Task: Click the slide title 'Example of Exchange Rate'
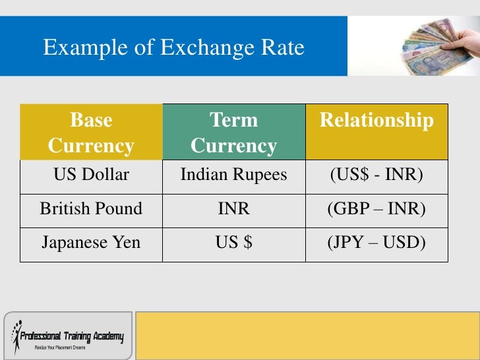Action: (x=173, y=48)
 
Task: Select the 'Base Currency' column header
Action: (x=91, y=133)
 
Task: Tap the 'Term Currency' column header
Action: (x=233, y=133)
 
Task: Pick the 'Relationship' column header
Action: (x=376, y=121)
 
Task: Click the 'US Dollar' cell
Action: (x=91, y=176)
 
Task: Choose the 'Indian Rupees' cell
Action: (x=233, y=176)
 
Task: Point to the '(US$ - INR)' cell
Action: (x=376, y=176)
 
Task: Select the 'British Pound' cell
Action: (x=91, y=210)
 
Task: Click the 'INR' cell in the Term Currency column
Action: (x=233, y=210)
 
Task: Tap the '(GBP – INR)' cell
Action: (x=376, y=210)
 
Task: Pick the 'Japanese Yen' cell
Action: (x=91, y=243)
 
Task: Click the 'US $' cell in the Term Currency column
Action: (x=233, y=243)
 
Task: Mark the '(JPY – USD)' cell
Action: (x=376, y=243)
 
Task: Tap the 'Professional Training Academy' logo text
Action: (x=71, y=337)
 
